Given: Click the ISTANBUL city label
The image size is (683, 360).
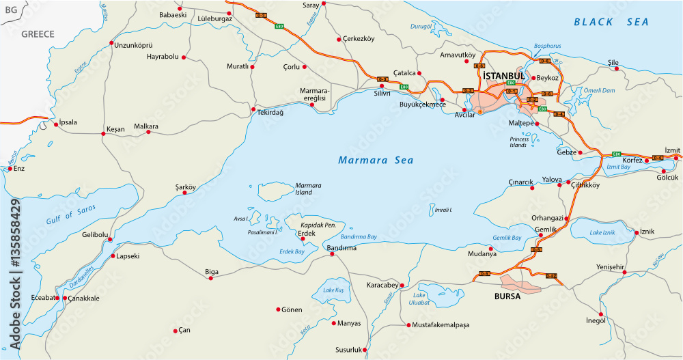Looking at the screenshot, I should (503, 75).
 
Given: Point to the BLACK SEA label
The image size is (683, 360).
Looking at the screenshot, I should (611, 22).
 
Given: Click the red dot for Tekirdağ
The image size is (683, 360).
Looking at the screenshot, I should (253, 109).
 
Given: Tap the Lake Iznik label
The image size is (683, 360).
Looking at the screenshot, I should (604, 234).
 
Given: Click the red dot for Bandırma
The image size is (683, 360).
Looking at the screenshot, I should (332, 255).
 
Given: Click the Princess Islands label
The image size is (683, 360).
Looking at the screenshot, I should (519, 142).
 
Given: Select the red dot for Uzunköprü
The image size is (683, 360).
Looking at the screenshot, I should (111, 44).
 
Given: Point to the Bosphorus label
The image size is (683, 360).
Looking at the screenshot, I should (547, 46).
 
